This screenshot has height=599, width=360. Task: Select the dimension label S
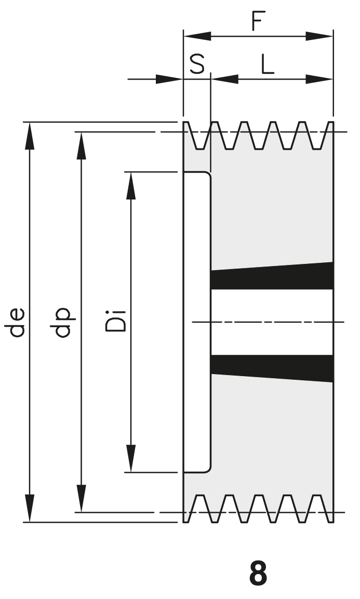(x=197, y=64)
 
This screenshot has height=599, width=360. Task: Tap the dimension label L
(x=267, y=64)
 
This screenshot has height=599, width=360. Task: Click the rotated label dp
(x=66, y=322)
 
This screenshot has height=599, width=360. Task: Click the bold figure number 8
(x=258, y=573)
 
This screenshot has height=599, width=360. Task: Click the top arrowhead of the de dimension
(x=30, y=134)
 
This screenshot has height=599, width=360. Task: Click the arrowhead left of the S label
(x=169, y=79)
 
